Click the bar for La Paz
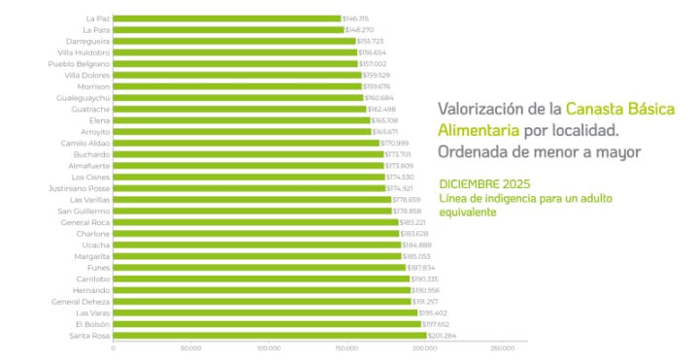click(227, 18)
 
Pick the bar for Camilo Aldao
click(247, 143)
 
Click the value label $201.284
click(443, 336)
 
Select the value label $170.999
click(395, 143)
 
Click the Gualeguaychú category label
click(83, 98)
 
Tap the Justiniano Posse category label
click(81, 188)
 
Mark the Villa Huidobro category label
click(83, 52)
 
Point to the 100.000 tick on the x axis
click(269, 347)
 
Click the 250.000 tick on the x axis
click(501, 347)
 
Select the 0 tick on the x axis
click(114, 347)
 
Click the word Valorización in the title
click(483, 109)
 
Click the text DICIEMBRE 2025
click(484, 183)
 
